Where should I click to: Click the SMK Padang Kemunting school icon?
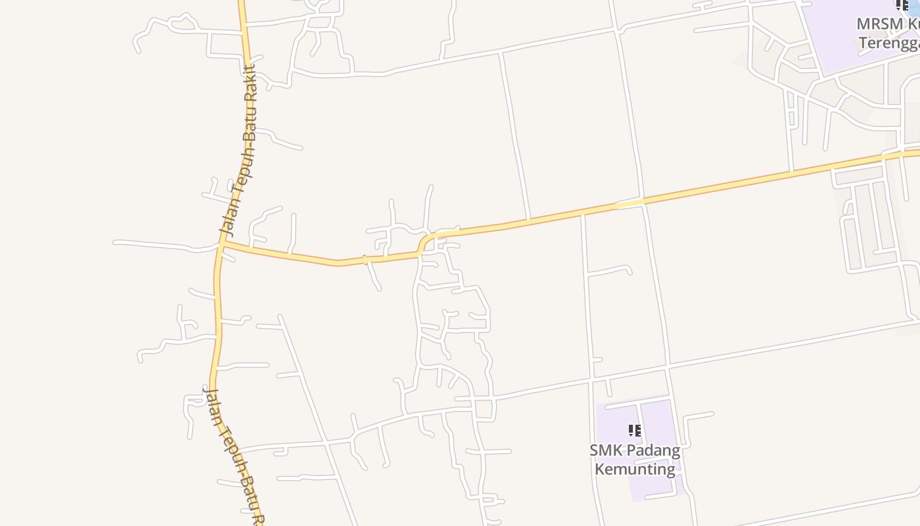coord(634,431)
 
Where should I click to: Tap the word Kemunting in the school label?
coord(635,469)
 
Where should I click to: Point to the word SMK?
coord(603,450)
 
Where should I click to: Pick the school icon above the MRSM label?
coord(902,6)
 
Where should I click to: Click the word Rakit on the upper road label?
coord(250,82)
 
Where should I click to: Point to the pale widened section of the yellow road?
coord(628,204)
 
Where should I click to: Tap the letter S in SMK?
coord(594,450)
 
